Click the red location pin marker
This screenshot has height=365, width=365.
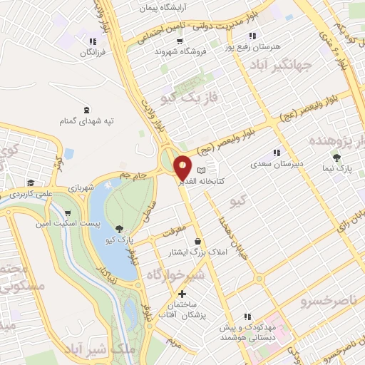(183, 167)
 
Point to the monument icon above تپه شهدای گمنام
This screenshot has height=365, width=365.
(87, 110)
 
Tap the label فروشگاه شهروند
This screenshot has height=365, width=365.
(170, 52)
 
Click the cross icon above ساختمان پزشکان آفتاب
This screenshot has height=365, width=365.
(182, 294)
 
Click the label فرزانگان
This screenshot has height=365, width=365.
(93, 53)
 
